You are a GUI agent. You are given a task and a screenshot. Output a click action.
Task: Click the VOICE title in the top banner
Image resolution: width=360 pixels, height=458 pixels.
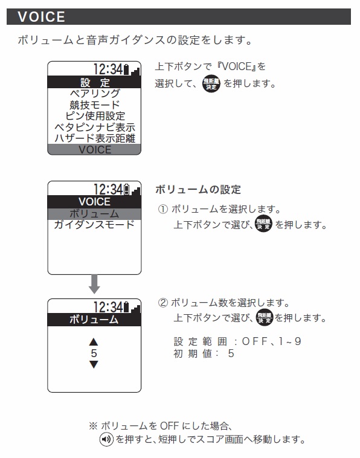click(x=41, y=17)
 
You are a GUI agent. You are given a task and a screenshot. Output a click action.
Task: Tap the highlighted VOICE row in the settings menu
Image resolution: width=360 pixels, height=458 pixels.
click(x=94, y=149)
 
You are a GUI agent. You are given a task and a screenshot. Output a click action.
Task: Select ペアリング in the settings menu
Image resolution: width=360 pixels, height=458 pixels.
click(x=95, y=94)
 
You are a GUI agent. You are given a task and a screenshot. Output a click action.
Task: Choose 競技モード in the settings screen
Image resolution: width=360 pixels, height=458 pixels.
click(x=95, y=105)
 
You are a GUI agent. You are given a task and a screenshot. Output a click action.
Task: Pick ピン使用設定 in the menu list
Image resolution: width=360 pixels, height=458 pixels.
click(x=95, y=116)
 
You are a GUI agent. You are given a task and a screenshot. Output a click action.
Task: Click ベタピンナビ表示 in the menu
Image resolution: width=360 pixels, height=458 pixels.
click(x=95, y=127)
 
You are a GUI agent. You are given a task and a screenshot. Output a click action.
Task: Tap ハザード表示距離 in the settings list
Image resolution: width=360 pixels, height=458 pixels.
click(x=95, y=138)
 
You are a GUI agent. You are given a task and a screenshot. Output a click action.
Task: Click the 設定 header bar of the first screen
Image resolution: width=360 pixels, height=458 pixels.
click(x=94, y=82)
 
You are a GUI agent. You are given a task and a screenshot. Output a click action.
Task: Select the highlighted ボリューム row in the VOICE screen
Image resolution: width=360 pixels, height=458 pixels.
click(x=94, y=214)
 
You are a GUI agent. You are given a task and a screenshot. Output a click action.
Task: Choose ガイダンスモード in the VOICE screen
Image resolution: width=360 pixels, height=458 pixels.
click(x=94, y=225)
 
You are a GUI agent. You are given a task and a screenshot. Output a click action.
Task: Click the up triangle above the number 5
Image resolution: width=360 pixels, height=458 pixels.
click(x=94, y=342)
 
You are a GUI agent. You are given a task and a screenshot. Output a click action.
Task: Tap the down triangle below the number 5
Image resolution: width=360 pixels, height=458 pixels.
click(x=94, y=364)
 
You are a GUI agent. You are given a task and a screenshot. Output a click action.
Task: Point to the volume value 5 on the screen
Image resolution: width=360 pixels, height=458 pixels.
click(x=94, y=353)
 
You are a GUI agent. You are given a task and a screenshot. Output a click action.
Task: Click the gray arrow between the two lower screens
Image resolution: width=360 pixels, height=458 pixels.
click(x=94, y=284)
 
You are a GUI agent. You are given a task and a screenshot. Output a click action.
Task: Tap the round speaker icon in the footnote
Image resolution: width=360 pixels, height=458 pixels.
click(x=106, y=439)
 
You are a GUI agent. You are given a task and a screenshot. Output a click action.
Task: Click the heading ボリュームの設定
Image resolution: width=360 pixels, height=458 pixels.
click(x=198, y=190)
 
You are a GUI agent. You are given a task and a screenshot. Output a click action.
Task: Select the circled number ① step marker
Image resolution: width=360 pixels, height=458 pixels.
click(x=163, y=209)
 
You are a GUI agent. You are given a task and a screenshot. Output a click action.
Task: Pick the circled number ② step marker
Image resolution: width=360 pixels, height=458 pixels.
click(x=163, y=303)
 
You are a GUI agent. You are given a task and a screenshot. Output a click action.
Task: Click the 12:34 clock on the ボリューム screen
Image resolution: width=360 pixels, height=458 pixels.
click(x=108, y=307)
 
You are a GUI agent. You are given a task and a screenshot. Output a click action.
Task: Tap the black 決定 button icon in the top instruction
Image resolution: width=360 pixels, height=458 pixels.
click(x=211, y=84)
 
